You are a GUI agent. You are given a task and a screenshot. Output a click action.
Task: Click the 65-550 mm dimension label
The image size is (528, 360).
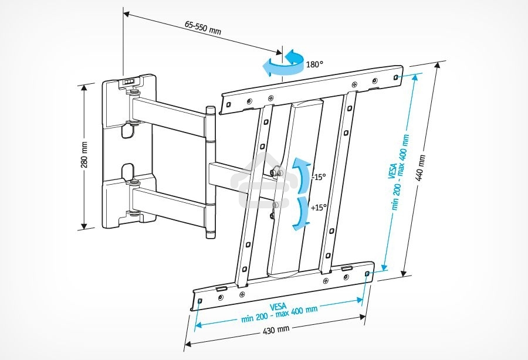[203, 28]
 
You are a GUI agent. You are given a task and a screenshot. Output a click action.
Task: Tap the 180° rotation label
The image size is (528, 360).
[315, 64]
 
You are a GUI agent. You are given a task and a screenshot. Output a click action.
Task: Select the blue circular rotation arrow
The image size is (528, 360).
[283, 63]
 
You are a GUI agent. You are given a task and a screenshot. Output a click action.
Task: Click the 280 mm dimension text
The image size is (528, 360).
[84, 154]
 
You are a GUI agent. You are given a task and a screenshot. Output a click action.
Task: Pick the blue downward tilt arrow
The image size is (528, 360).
[300, 212]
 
